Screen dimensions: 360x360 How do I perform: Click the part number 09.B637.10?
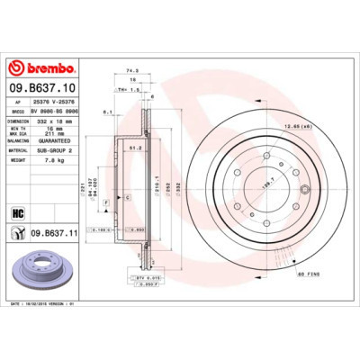click(43, 87)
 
